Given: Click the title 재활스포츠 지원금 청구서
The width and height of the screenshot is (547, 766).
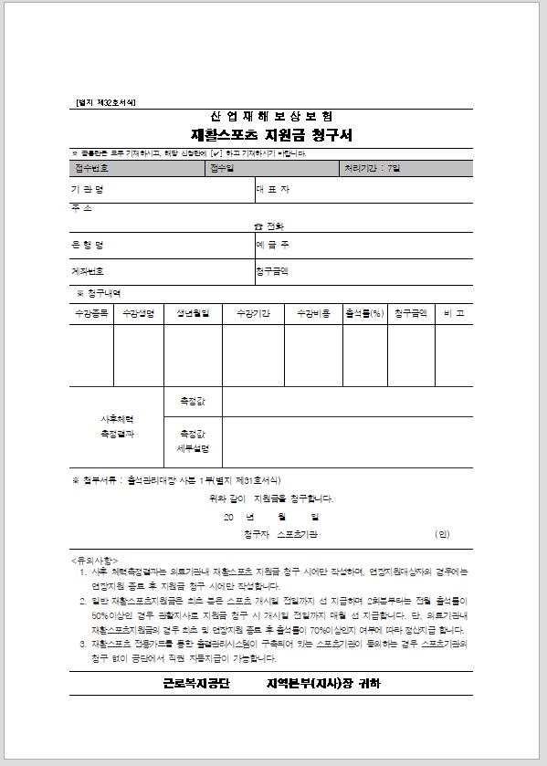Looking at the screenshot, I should [271, 135].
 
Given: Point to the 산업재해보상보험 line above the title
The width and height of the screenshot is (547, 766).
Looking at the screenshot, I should [271, 117].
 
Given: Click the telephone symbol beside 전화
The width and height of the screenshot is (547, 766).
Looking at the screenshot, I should [258, 226].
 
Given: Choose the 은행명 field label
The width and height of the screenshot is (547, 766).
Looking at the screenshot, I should [88, 245].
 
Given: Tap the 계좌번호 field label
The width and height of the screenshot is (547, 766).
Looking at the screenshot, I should [88, 271].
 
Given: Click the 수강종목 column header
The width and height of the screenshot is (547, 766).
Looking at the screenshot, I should [91, 313].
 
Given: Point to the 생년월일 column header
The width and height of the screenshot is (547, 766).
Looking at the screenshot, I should [193, 313].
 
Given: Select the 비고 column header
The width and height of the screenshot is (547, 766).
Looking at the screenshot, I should [454, 313].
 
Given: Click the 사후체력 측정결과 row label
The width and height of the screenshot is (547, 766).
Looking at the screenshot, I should [118, 426].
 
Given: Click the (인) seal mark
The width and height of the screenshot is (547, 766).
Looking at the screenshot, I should [443, 533].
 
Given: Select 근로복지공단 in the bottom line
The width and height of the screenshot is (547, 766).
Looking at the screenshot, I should [196, 683].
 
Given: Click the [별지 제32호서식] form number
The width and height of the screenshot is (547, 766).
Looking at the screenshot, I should [104, 102].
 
